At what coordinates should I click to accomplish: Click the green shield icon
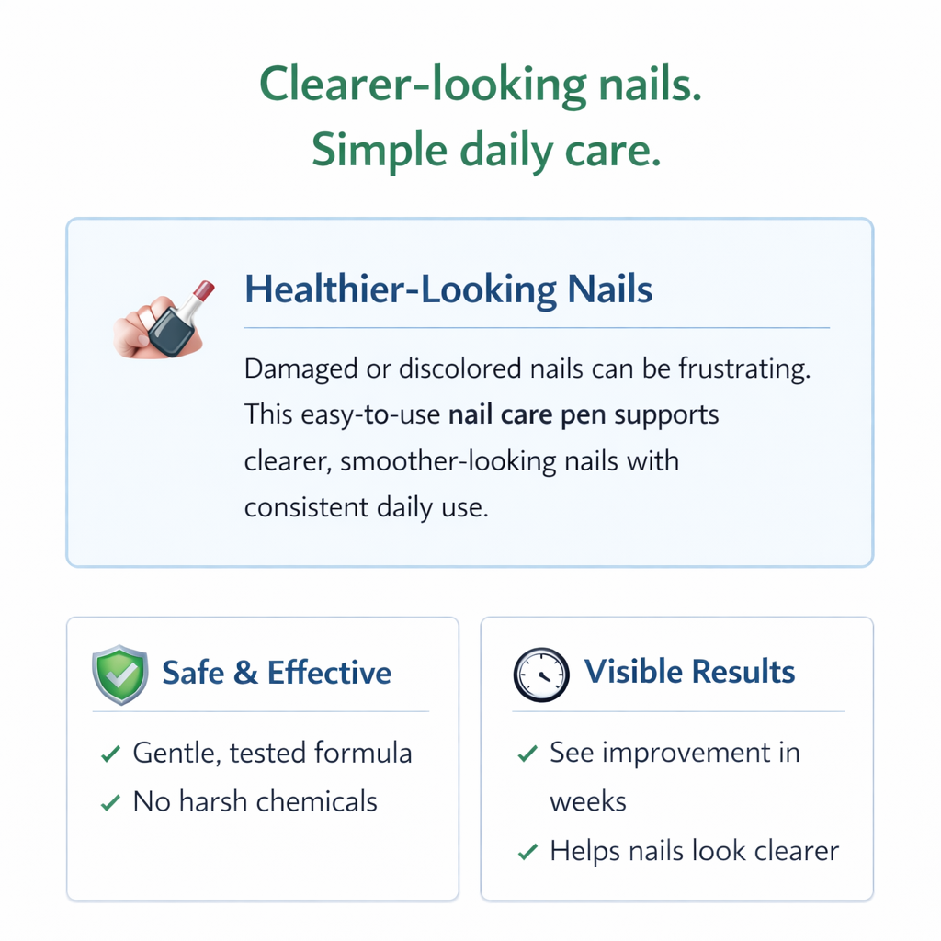tap(119, 675)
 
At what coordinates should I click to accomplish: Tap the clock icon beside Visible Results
tap(540, 675)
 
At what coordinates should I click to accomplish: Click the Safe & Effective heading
tap(277, 673)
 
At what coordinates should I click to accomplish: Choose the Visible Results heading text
tap(689, 672)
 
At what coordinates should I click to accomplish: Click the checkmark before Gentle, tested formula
tap(110, 754)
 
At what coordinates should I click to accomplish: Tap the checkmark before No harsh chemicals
tap(110, 802)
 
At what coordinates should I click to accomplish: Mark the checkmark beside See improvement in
tap(527, 754)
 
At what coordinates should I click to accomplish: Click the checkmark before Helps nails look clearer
tap(527, 852)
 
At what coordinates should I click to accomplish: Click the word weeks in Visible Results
tap(588, 801)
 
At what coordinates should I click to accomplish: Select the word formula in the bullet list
tap(363, 754)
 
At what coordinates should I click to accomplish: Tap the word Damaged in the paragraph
tap(300, 369)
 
